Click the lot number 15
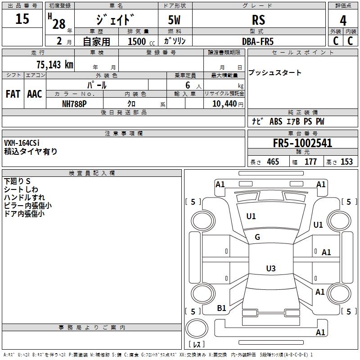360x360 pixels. [22, 19]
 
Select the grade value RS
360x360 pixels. [258, 20]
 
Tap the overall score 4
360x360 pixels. [343, 21]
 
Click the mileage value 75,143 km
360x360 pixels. [54, 65]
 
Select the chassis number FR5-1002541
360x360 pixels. [302, 143]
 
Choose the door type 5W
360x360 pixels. [175, 20]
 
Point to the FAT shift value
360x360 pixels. [13, 94]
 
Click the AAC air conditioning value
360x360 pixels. [35, 94]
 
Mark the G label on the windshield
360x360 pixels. [257, 237]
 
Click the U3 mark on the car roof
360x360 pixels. [270, 269]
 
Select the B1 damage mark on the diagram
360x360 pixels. [221, 308]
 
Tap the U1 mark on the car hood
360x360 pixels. [251, 216]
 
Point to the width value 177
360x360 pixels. [310, 162]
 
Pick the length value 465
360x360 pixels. [273, 162]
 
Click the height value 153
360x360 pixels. [346, 162]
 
